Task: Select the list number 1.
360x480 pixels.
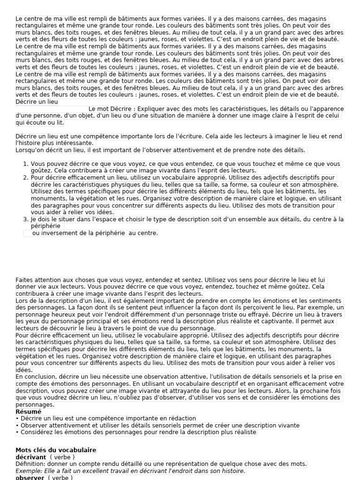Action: pyautogui.click(x=26, y=164)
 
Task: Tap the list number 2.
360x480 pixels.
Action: pyautogui.click(x=26, y=178)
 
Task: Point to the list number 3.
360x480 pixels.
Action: pyautogui.click(x=26, y=219)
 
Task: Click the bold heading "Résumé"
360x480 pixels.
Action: pyautogui.click(x=29, y=412)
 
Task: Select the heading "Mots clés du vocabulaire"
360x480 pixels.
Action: pyautogui.click(x=56, y=450)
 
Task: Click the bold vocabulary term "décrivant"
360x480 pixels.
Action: pyautogui.click(x=31, y=457)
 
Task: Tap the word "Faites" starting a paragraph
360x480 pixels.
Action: pyautogui.click(x=24, y=279)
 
